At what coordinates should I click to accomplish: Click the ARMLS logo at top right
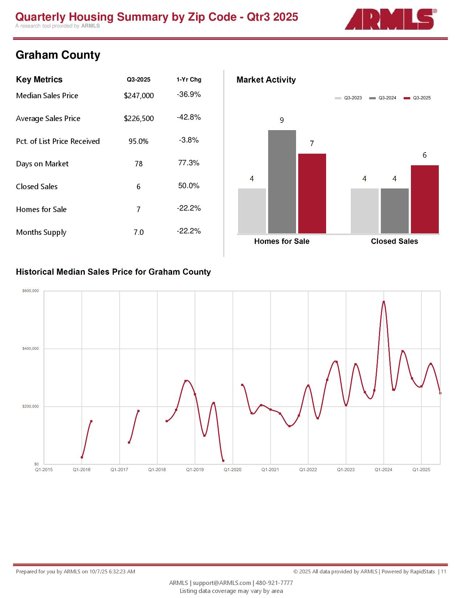click(390, 20)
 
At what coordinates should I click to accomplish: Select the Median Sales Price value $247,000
click(139, 96)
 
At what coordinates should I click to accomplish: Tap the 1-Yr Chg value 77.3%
click(189, 163)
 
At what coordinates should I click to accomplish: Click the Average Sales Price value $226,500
click(139, 119)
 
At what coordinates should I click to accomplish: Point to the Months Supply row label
click(41, 232)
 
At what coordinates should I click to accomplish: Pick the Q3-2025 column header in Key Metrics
click(138, 80)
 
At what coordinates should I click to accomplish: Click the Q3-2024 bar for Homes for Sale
click(282, 181)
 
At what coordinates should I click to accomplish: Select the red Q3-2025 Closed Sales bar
click(425, 199)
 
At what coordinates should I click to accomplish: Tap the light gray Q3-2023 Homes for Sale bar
click(252, 211)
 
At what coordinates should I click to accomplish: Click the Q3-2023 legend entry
click(349, 98)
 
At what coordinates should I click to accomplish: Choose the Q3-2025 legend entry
click(417, 98)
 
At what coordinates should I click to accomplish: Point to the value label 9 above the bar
click(282, 120)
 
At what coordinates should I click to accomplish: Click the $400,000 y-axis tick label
click(30, 349)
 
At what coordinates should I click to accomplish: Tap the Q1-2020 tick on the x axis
click(233, 470)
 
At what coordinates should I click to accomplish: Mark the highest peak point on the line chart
click(384, 302)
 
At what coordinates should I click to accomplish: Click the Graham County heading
click(58, 55)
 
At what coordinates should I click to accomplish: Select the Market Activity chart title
click(266, 80)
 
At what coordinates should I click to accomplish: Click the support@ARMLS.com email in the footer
click(222, 583)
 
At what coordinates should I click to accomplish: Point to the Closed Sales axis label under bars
click(394, 241)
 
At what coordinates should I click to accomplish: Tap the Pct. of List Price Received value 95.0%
click(138, 141)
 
